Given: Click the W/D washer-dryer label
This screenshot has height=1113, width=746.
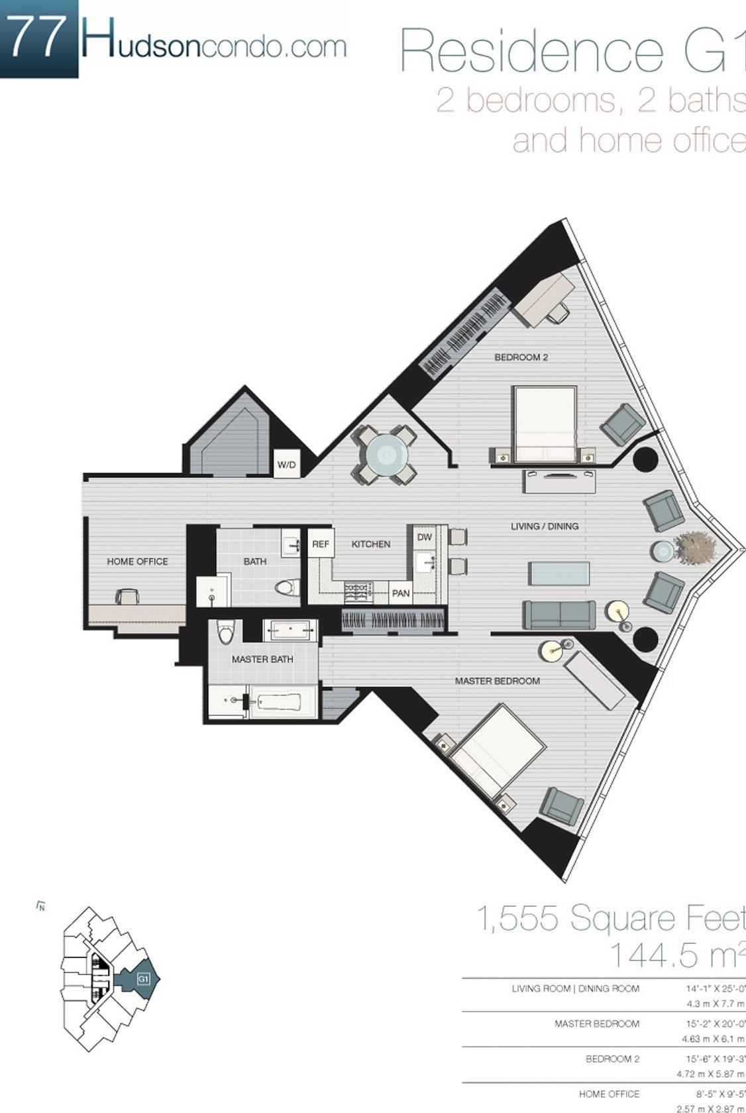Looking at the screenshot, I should click(x=287, y=464).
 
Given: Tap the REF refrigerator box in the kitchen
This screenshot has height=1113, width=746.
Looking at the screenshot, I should click(x=321, y=544).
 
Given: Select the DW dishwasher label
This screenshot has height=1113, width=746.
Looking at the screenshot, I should click(x=425, y=537).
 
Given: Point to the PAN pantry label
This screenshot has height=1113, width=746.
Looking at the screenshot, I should click(x=401, y=593).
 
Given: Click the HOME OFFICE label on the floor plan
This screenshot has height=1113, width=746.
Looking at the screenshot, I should click(x=138, y=561).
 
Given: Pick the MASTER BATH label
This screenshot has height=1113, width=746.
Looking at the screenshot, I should click(x=262, y=659).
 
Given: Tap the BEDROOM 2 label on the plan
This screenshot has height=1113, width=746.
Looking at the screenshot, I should click(x=521, y=357).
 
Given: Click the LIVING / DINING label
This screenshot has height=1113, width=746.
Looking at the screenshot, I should click(x=545, y=526).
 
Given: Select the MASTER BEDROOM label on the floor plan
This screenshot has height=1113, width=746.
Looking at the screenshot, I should click(x=497, y=681).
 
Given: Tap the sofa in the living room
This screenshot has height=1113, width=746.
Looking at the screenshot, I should click(x=559, y=614).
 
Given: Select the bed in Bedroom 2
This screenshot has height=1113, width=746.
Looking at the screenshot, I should click(x=545, y=423).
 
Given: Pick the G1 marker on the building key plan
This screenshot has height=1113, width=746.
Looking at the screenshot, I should click(x=142, y=978).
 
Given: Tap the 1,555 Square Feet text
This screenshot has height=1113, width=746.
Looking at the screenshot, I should click(x=610, y=919).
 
